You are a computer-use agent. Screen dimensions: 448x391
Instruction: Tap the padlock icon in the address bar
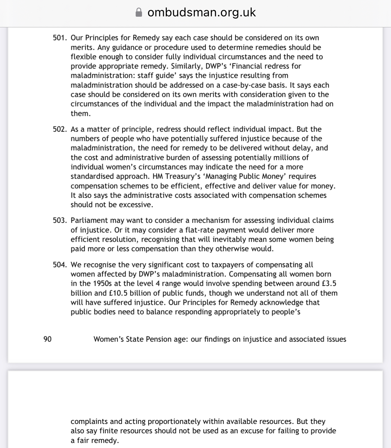(x=139, y=12)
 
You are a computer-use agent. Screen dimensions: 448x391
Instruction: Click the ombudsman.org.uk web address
(x=202, y=12)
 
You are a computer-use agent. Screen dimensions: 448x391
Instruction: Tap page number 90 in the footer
(x=47, y=339)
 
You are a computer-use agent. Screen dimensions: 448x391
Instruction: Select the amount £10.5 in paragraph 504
(x=118, y=293)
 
